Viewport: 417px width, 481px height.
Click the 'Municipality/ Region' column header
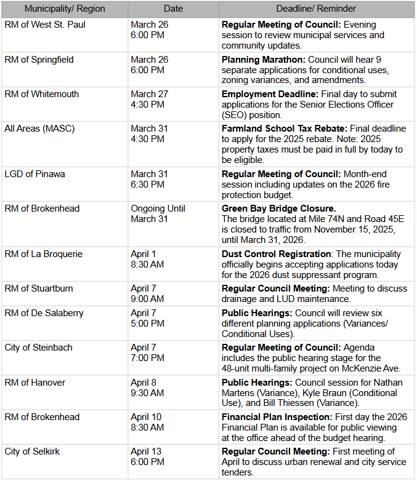click(65, 9)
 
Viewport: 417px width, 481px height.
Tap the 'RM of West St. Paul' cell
click(45, 25)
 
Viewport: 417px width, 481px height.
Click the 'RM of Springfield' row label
click(39, 60)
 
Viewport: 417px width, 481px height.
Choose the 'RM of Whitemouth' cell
click(42, 94)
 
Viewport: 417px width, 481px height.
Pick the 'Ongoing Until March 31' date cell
click(158, 213)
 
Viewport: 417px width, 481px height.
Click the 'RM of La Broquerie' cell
click(44, 254)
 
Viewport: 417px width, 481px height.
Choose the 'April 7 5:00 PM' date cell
click(147, 318)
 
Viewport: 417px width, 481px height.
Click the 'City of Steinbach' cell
click(38, 348)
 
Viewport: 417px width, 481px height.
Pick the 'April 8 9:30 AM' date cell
click(147, 388)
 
